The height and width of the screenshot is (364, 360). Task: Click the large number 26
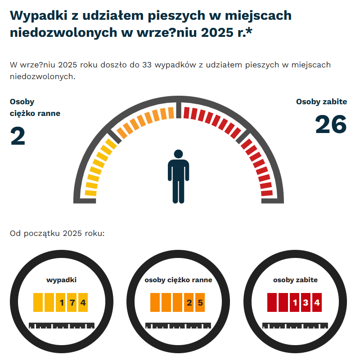(x=331, y=124)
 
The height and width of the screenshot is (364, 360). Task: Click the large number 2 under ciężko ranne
(x=18, y=137)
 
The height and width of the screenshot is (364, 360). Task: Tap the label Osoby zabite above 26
(x=321, y=102)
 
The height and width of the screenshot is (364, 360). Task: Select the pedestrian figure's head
(x=179, y=155)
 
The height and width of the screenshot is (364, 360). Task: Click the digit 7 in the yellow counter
(x=72, y=302)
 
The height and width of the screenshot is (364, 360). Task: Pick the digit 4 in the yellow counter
(x=83, y=302)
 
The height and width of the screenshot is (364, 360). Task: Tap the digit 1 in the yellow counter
(x=61, y=302)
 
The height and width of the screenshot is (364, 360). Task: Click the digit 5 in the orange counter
(x=200, y=302)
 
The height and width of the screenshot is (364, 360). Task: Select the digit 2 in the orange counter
(x=189, y=302)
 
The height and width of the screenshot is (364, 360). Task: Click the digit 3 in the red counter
(x=306, y=302)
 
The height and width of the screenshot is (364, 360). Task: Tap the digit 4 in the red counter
(x=317, y=302)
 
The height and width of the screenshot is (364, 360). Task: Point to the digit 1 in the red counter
(x=295, y=302)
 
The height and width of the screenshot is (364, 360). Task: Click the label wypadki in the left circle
(x=61, y=280)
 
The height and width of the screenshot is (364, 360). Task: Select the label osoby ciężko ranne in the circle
(x=178, y=280)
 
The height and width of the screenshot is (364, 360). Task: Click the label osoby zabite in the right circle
(x=295, y=280)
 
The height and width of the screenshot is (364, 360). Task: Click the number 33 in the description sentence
(x=146, y=65)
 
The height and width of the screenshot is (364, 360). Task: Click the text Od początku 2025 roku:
(x=57, y=234)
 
